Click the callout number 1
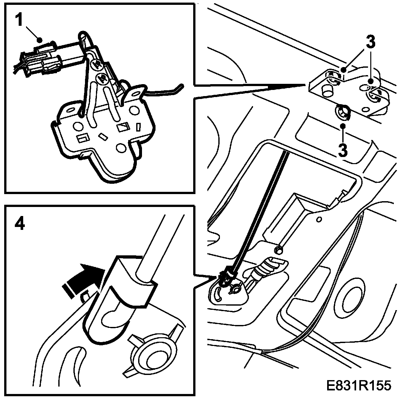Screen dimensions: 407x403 [20, 21]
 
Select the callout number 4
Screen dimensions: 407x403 [20, 224]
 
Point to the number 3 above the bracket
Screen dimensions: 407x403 [371, 43]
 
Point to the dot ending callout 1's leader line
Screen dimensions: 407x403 [40, 40]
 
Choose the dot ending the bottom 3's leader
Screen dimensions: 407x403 [343, 125]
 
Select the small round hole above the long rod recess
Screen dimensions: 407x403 [320, 220]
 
